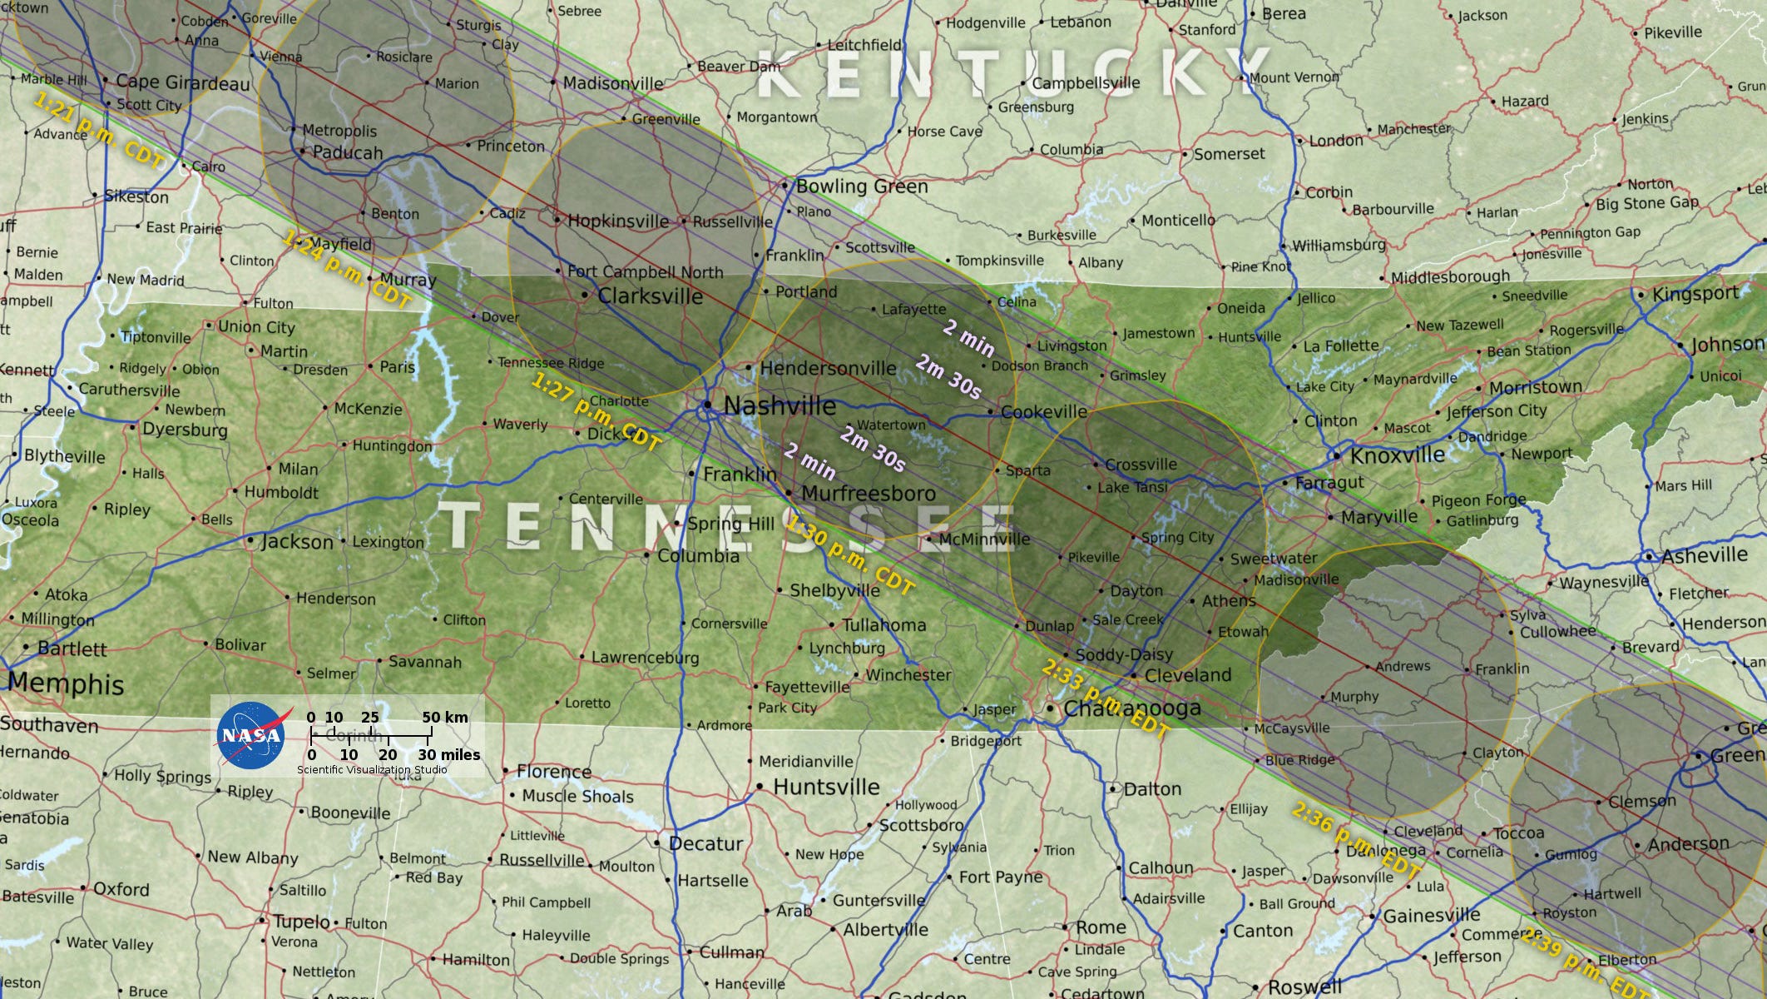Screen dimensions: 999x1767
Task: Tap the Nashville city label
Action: [780, 406]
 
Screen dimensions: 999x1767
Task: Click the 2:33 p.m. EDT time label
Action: [1106, 700]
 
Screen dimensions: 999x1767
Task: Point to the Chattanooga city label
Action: [1132, 708]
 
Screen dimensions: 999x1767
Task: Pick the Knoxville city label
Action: [1398, 455]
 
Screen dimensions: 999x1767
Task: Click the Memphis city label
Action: [67, 684]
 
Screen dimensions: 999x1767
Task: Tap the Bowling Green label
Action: [862, 186]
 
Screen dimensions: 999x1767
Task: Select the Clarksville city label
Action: [650, 296]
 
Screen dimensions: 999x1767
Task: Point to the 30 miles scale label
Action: [449, 755]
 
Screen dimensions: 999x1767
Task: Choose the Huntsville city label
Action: [826, 787]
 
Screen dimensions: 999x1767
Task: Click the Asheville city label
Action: [1705, 555]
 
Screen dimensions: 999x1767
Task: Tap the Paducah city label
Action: [348, 153]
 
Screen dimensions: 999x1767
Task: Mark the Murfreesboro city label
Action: [868, 493]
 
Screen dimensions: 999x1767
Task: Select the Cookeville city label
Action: [1043, 412]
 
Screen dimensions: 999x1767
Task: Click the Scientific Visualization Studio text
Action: [372, 770]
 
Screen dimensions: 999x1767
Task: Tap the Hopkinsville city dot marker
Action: [557, 220]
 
